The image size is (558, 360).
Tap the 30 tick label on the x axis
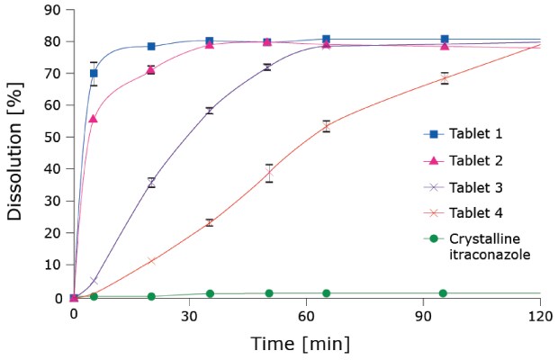click(190, 316)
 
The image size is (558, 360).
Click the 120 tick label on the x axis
click(540, 316)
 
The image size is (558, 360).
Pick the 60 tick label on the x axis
click(307, 316)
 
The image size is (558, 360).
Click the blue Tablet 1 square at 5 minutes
click(94, 74)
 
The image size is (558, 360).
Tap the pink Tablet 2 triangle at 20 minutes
click(151, 69)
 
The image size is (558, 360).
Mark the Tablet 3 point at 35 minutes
click(210, 111)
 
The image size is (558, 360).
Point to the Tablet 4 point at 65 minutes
click(326, 126)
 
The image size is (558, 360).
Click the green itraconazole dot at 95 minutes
click(443, 293)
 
